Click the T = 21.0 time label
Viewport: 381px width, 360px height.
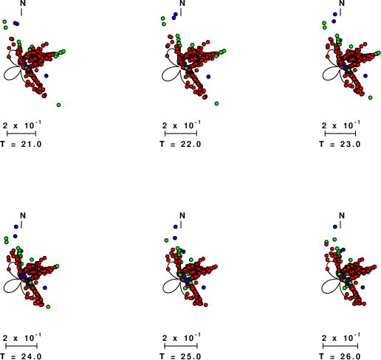click(21, 144)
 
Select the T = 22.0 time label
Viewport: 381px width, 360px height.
click(180, 144)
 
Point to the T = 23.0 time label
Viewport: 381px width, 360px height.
click(340, 144)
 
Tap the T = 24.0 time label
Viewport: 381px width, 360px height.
click(21, 356)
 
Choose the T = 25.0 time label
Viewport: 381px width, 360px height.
click(180, 356)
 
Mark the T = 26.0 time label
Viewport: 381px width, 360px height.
click(340, 356)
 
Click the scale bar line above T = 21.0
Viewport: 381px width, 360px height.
click(21, 134)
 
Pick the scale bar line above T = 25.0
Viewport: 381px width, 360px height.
click(181, 346)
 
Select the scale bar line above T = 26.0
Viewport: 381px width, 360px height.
click(340, 346)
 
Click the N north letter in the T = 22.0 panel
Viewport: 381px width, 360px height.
click(182, 3)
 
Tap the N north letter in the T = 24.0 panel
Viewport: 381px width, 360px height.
click(23, 215)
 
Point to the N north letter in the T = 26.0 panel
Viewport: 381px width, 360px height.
click(342, 215)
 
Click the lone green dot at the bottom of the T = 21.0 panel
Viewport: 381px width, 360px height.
click(58, 105)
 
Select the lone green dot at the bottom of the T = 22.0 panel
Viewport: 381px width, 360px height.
click(216, 103)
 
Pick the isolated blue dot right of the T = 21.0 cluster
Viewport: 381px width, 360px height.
click(47, 76)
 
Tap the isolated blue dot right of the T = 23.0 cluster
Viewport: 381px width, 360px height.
click(365, 76)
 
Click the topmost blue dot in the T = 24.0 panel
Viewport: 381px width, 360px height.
click(16, 226)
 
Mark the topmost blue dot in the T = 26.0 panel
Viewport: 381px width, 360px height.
click(335, 226)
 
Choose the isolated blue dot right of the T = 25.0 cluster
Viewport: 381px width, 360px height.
click(204, 288)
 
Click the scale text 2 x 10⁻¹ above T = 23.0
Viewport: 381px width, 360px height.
click(340, 125)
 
